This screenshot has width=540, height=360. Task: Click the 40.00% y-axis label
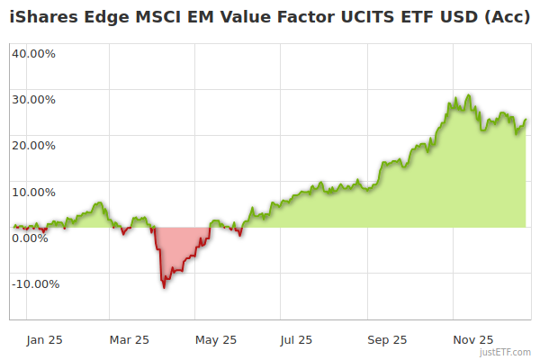tap(34, 53)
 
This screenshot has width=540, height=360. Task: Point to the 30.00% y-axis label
tap(34, 99)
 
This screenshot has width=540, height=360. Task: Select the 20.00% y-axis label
tap(34, 145)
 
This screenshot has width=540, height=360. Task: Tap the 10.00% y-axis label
tap(34, 192)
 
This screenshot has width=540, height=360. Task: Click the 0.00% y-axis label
tap(31, 238)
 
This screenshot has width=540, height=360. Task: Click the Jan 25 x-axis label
tap(43, 339)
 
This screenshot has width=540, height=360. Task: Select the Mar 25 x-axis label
tap(129, 339)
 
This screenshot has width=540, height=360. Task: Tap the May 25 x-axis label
tap(215, 339)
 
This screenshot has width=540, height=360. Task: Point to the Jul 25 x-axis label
tap(296, 339)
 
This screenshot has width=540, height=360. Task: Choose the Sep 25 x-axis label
tap(386, 339)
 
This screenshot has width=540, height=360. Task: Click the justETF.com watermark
tap(505, 352)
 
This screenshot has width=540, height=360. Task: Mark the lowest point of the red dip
tap(164, 287)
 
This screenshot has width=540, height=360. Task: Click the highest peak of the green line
tap(468, 95)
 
